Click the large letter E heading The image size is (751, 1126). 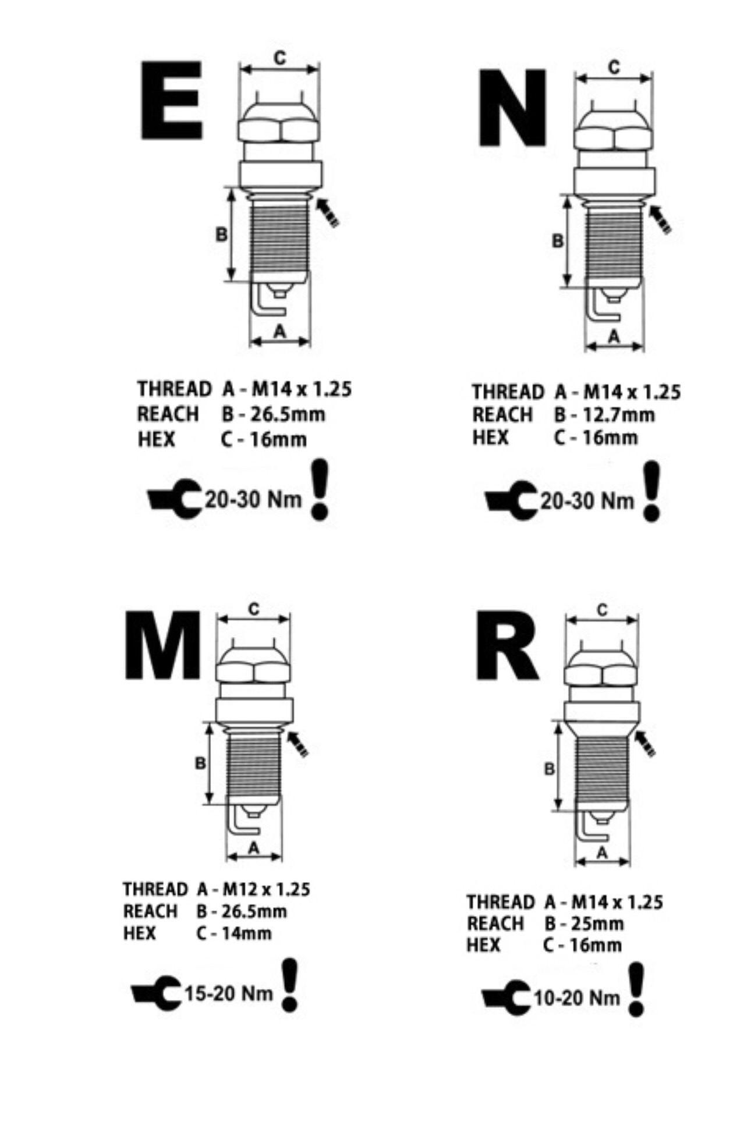[171, 100]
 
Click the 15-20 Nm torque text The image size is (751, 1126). [229, 992]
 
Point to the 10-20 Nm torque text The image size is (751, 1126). [577, 997]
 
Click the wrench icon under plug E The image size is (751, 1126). [174, 499]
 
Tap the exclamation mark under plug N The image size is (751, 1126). [652, 491]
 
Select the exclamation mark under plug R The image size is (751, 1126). [637, 989]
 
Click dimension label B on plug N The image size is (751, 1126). [558, 240]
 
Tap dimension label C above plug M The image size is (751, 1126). [254, 609]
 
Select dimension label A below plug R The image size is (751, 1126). [603, 853]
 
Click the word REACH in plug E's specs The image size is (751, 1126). [168, 414]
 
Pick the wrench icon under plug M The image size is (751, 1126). [156, 993]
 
